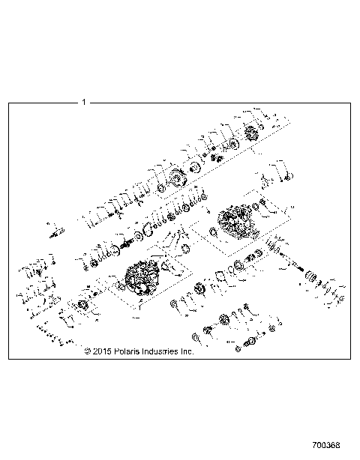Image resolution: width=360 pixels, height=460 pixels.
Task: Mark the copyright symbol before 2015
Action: pyautogui.click(x=88, y=350)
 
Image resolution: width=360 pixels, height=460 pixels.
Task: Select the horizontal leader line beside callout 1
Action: pyautogui.click(x=45, y=101)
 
